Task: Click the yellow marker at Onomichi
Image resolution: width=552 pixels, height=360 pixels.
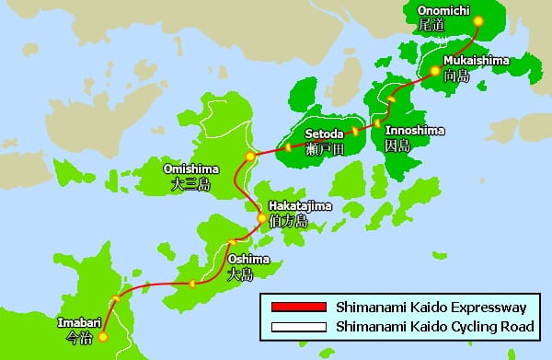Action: click(477, 20)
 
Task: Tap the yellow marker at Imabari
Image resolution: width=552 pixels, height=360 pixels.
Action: click(103, 337)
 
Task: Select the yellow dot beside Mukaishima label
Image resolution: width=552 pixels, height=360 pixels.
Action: click(434, 70)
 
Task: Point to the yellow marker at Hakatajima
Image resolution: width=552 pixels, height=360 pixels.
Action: click(262, 219)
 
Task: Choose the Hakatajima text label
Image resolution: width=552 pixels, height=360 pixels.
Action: click(299, 205)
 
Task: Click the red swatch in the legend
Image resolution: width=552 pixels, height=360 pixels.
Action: click(293, 307)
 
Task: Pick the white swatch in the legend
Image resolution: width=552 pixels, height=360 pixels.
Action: click(293, 327)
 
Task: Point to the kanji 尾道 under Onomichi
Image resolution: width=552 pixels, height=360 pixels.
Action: click(431, 26)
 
